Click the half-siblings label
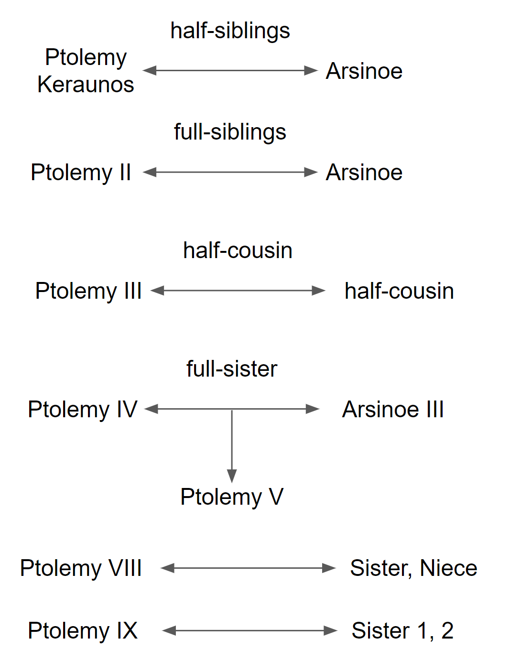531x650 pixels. point(230,32)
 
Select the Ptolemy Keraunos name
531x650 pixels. point(86,71)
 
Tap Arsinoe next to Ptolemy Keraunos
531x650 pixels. point(364,71)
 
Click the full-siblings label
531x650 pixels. point(230,132)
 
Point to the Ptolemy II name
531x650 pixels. point(81,173)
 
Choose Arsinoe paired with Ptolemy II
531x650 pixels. point(364,173)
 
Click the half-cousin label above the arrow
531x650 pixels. point(238,250)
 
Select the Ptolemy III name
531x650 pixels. point(88,291)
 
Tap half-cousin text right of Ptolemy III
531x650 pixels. point(399,291)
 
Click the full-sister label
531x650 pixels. point(232,369)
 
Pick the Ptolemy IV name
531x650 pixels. point(83,410)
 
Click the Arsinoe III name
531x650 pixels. point(393,410)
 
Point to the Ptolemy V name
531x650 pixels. point(232,498)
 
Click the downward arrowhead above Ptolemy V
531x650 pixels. point(232,476)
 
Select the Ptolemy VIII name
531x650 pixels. point(81,568)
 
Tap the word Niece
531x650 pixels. point(448,568)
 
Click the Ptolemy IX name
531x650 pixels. point(83,630)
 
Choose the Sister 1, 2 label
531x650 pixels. point(402,631)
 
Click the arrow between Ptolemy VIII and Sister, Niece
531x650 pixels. point(248,568)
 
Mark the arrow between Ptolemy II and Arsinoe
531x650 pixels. point(230,172)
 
